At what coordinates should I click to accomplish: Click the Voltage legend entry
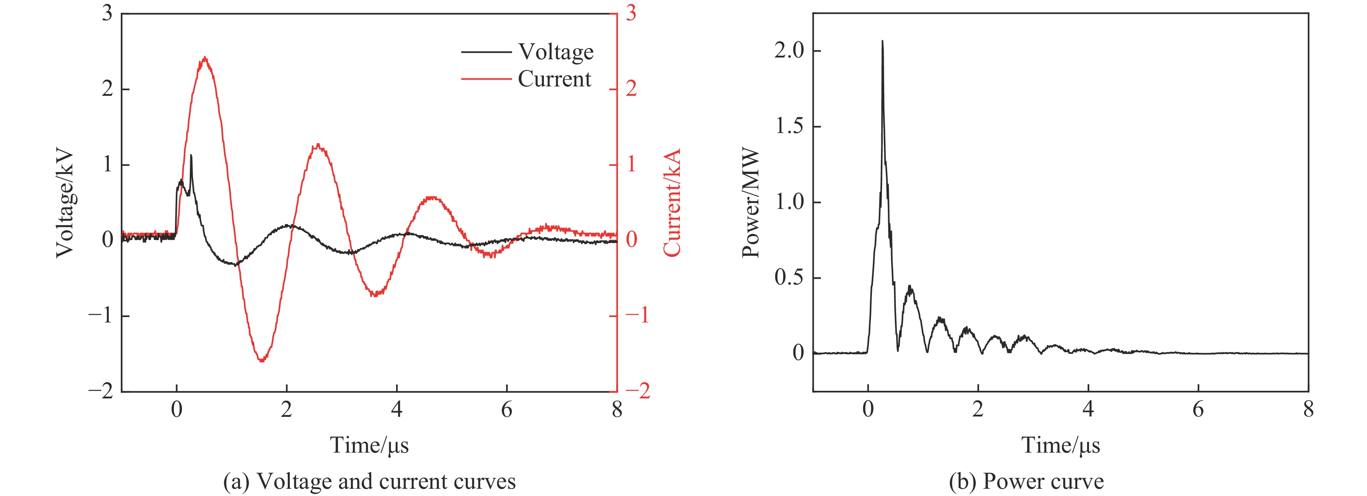555,52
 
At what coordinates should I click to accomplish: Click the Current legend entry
554,79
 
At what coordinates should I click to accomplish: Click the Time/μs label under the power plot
1060,445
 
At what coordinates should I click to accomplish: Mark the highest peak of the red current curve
205,58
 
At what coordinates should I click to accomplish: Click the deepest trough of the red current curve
261,361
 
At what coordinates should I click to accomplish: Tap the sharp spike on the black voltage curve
191,155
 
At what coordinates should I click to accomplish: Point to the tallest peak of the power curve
882,41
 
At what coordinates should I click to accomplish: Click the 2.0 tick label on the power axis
789,51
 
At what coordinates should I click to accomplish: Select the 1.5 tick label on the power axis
789,127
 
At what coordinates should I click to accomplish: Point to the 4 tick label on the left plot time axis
396,410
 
